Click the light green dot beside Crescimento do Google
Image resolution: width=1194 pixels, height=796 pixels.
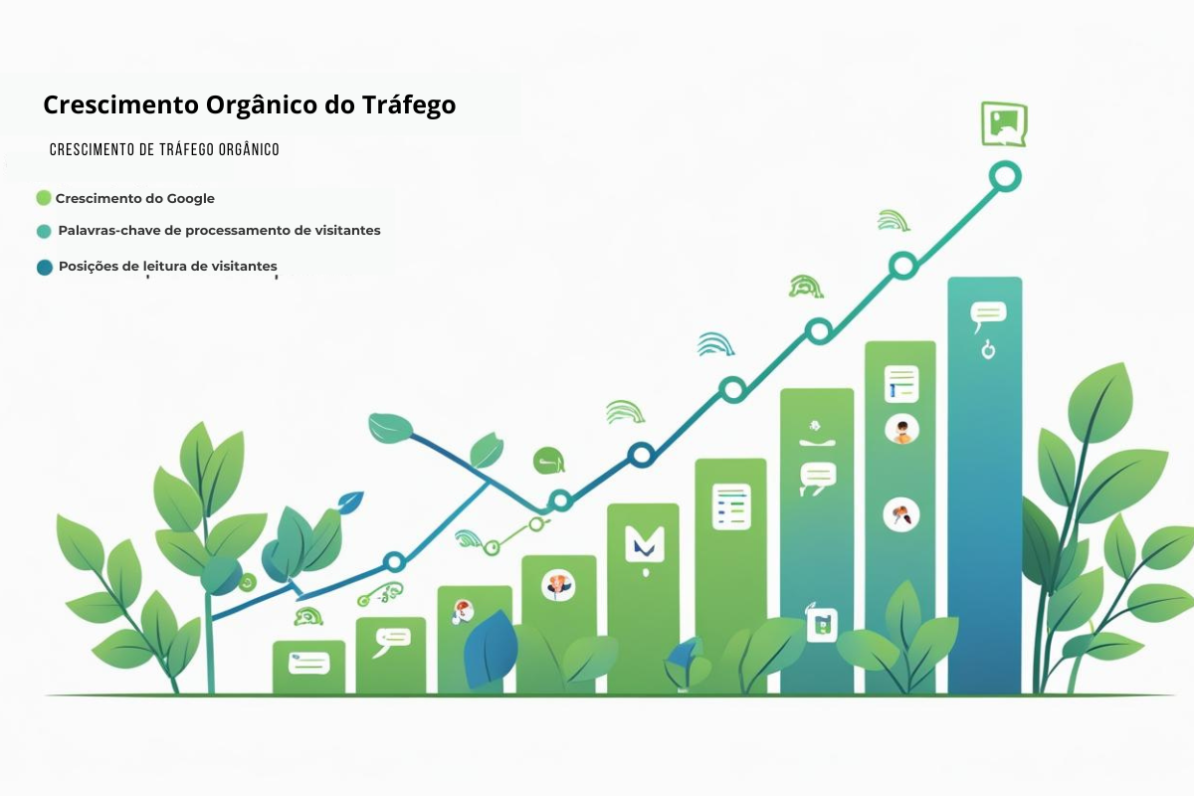[x=43, y=198]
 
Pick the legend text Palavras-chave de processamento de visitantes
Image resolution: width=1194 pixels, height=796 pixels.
[x=219, y=230]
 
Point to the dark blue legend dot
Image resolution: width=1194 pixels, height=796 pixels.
[x=44, y=267]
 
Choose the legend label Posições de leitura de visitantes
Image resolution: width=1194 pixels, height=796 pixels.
[x=167, y=266]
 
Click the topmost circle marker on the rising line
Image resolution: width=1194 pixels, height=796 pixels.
[x=1005, y=177]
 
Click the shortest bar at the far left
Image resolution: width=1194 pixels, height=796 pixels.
[x=308, y=668]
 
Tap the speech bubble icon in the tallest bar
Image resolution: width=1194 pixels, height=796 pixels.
[x=988, y=315]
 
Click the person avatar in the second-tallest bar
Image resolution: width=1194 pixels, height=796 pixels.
[x=901, y=430]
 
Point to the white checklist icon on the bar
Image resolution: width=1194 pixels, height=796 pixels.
[x=731, y=505]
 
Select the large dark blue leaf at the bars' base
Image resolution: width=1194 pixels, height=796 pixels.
[x=492, y=649]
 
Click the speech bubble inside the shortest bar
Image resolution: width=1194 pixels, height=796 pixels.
[x=308, y=661]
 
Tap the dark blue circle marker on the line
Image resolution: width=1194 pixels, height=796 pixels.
[x=642, y=456]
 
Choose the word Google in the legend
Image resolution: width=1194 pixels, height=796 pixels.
[x=189, y=198]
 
